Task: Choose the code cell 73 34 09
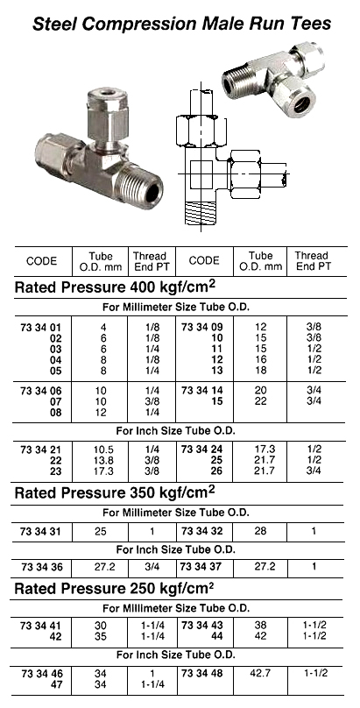pos(203,326)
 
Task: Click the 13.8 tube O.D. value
pos(103,460)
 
